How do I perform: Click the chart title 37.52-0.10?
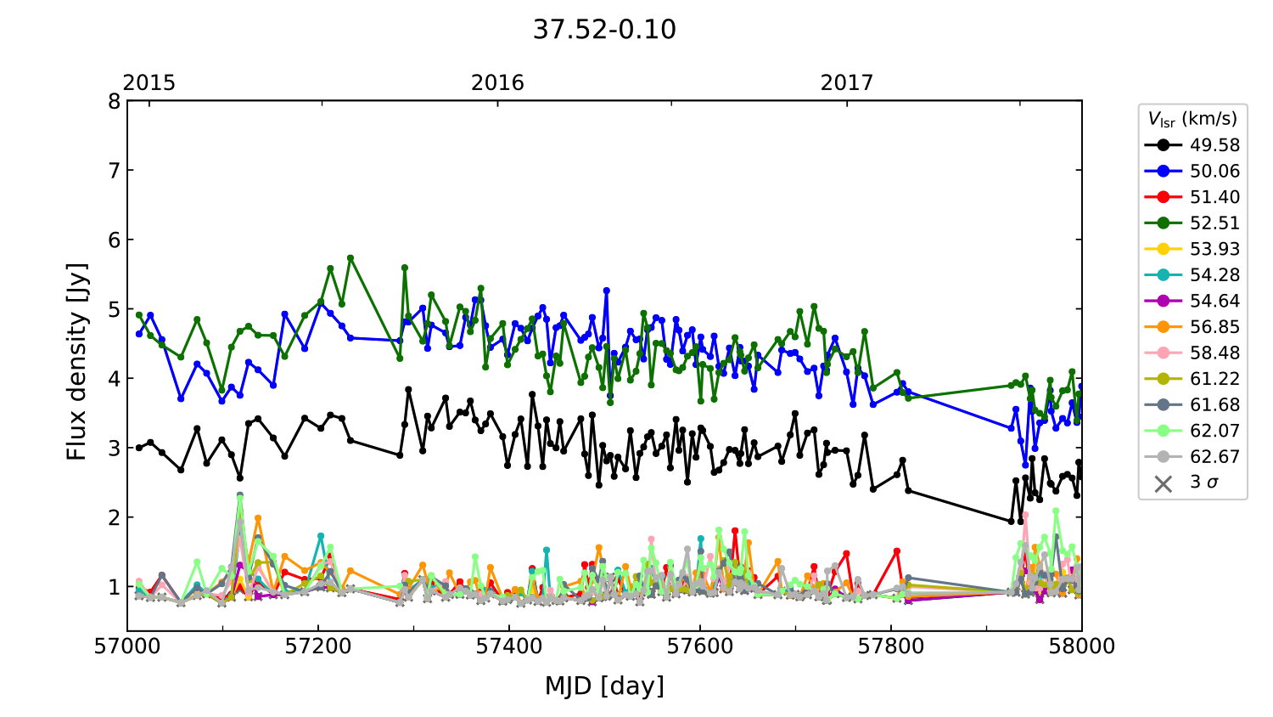tap(604, 30)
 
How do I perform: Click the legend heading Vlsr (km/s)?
tap(1192, 119)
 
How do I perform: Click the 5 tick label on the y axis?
tap(114, 309)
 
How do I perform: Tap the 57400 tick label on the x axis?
tap(509, 646)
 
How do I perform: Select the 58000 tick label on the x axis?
tap(1081, 646)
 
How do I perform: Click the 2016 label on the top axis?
tap(497, 83)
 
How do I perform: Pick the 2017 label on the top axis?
tap(846, 83)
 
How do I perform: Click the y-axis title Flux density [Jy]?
tap(77, 362)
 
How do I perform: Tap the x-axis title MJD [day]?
tap(604, 686)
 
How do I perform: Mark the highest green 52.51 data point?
tap(350, 257)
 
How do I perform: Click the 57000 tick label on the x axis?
tap(127, 646)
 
